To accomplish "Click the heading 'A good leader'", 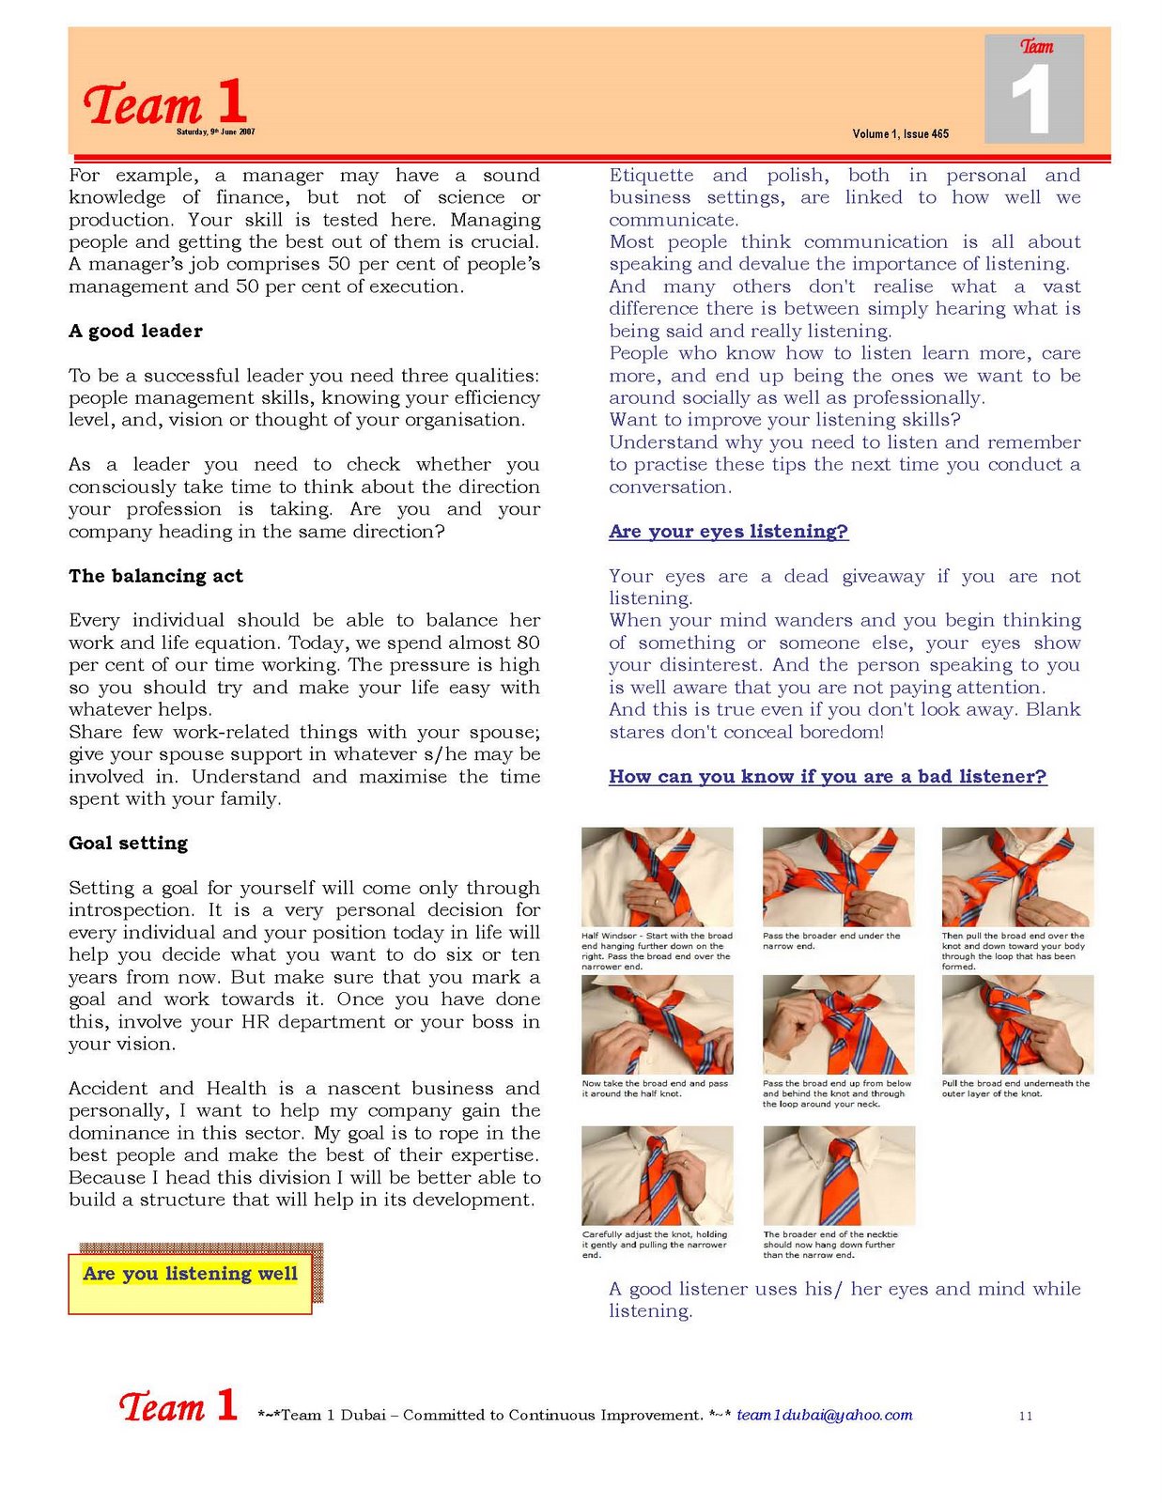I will (x=135, y=331).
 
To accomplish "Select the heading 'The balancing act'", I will (x=155, y=576).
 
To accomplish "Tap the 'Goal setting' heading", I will (x=128, y=843).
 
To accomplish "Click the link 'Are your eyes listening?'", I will (x=728, y=532).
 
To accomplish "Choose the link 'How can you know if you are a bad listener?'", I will (x=827, y=777).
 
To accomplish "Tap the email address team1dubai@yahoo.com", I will (x=824, y=1415).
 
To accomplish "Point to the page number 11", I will (x=1025, y=1416).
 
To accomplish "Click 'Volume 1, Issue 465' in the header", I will (x=900, y=134).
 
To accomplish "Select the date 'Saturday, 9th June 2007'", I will (x=215, y=132).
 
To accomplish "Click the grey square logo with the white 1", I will (x=1033, y=89).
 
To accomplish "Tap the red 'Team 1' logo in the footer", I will (x=178, y=1406).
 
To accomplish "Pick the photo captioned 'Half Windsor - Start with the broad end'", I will (x=657, y=876).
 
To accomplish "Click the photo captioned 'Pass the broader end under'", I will (x=838, y=876).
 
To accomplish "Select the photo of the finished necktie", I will (x=838, y=1175).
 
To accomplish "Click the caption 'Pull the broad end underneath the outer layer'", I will (x=1015, y=1088).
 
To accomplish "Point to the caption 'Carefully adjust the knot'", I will (x=655, y=1245).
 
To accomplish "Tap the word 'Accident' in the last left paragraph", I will (x=106, y=1089).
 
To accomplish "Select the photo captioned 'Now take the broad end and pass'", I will (x=657, y=1024).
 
